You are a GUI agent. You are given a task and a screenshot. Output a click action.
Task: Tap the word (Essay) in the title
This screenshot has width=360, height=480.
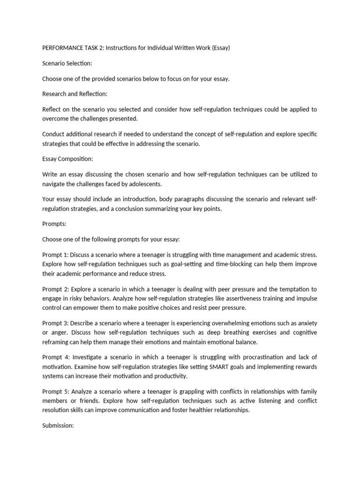coord(220,48)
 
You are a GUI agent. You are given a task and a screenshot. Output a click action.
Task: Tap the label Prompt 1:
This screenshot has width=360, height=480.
coord(55,255)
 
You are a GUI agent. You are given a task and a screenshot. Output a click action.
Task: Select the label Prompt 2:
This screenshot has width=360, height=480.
coord(55,290)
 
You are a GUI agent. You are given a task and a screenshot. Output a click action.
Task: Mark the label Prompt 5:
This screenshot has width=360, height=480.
coord(55,391)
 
